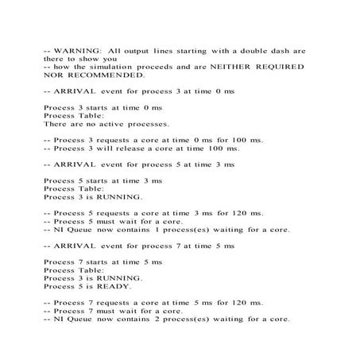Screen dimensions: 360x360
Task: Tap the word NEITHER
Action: click(x=223, y=67)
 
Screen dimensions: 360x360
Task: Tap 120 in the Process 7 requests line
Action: click(x=234, y=303)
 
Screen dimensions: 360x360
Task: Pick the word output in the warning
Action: click(x=137, y=51)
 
